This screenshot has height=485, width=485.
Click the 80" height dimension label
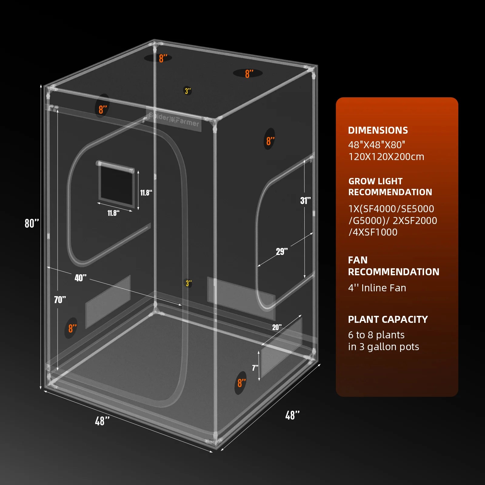(x=32, y=223)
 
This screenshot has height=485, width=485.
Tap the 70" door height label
(x=60, y=300)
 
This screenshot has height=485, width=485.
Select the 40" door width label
(x=80, y=278)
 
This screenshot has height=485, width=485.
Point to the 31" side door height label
(x=305, y=201)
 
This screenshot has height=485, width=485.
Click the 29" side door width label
(x=282, y=251)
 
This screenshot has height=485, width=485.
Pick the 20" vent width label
(x=276, y=327)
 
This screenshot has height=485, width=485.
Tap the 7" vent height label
(x=255, y=368)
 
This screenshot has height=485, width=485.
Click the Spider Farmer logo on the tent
(x=174, y=119)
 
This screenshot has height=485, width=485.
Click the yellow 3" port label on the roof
(x=188, y=91)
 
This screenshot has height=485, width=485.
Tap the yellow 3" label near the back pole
(x=189, y=283)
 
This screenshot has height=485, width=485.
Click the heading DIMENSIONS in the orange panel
(x=378, y=130)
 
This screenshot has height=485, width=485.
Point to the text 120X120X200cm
(x=386, y=157)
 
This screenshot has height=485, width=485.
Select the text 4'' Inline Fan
(x=377, y=288)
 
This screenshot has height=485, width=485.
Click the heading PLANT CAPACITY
(x=388, y=319)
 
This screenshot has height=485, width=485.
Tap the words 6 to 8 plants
(x=376, y=335)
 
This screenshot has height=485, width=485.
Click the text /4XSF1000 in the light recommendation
(x=373, y=232)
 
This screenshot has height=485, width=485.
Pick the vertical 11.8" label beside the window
(x=146, y=193)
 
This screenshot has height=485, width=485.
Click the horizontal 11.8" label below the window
(x=113, y=213)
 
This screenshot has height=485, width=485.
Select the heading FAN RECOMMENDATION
(x=393, y=266)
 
